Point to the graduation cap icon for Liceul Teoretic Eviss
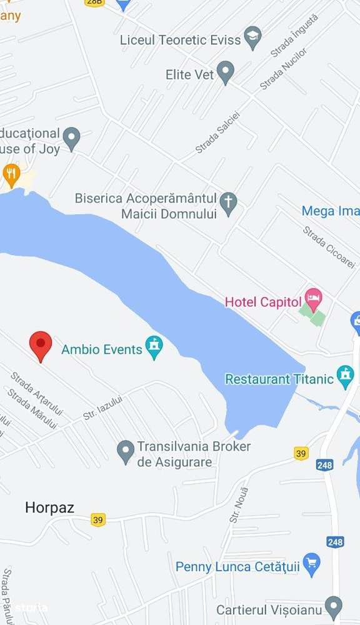tap(252, 36)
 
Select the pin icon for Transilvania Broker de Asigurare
tap(126, 451)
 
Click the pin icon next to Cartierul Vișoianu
tap(334, 606)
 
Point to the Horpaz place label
tap(49, 507)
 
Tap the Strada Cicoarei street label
tap(329, 247)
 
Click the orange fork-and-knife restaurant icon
tap(11, 173)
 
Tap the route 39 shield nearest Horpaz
tap(97, 519)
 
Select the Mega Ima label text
tap(330, 211)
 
